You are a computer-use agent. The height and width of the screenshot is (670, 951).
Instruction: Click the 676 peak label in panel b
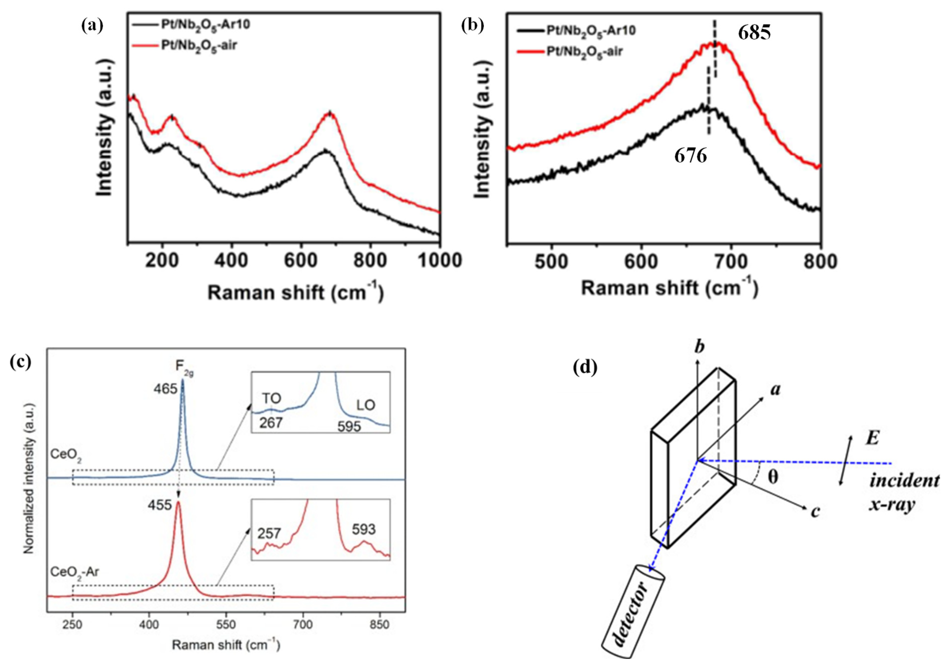click(x=690, y=156)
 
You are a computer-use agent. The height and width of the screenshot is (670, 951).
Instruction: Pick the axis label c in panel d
click(x=815, y=512)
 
